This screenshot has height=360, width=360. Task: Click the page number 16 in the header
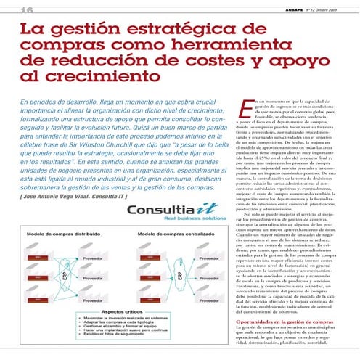pos(13,9)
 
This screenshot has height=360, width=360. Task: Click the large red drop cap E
pos(241,107)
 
